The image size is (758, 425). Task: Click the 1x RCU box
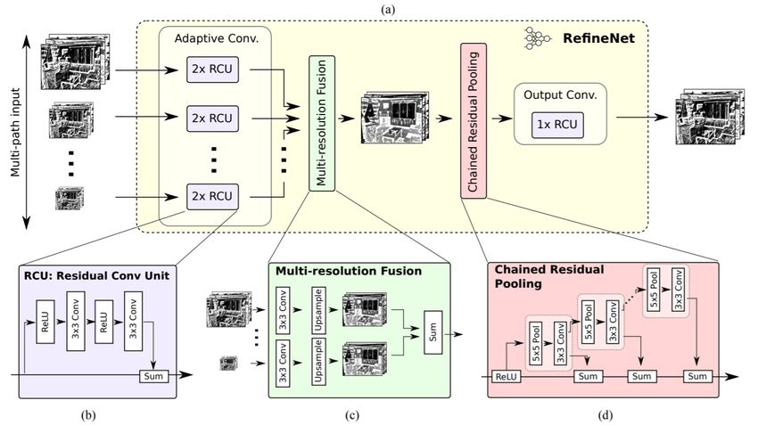click(x=557, y=125)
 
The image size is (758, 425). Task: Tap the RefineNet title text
click(x=598, y=38)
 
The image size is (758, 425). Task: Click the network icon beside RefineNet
click(x=537, y=38)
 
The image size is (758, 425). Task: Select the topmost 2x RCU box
click(x=213, y=69)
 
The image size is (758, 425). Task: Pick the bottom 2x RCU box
click(x=213, y=197)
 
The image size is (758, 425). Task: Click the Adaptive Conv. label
click(x=216, y=38)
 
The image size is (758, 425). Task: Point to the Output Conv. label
click(x=560, y=95)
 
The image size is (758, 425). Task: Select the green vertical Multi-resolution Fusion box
click(x=321, y=123)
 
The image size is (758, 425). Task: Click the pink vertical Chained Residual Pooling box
click(x=474, y=121)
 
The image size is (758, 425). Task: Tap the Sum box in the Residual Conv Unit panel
click(x=153, y=376)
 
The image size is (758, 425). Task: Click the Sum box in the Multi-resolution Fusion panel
click(x=433, y=332)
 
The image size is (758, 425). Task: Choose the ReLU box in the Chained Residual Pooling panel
click(x=507, y=376)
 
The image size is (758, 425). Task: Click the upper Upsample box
click(x=318, y=311)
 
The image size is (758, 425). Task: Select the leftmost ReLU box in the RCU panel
click(x=45, y=322)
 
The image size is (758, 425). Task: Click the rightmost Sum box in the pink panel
click(x=697, y=376)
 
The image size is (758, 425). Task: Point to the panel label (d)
click(x=606, y=415)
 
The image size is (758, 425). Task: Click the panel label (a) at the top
click(x=388, y=10)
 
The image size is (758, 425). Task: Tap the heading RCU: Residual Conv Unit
click(x=96, y=276)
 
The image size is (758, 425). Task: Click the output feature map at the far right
click(x=709, y=116)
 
